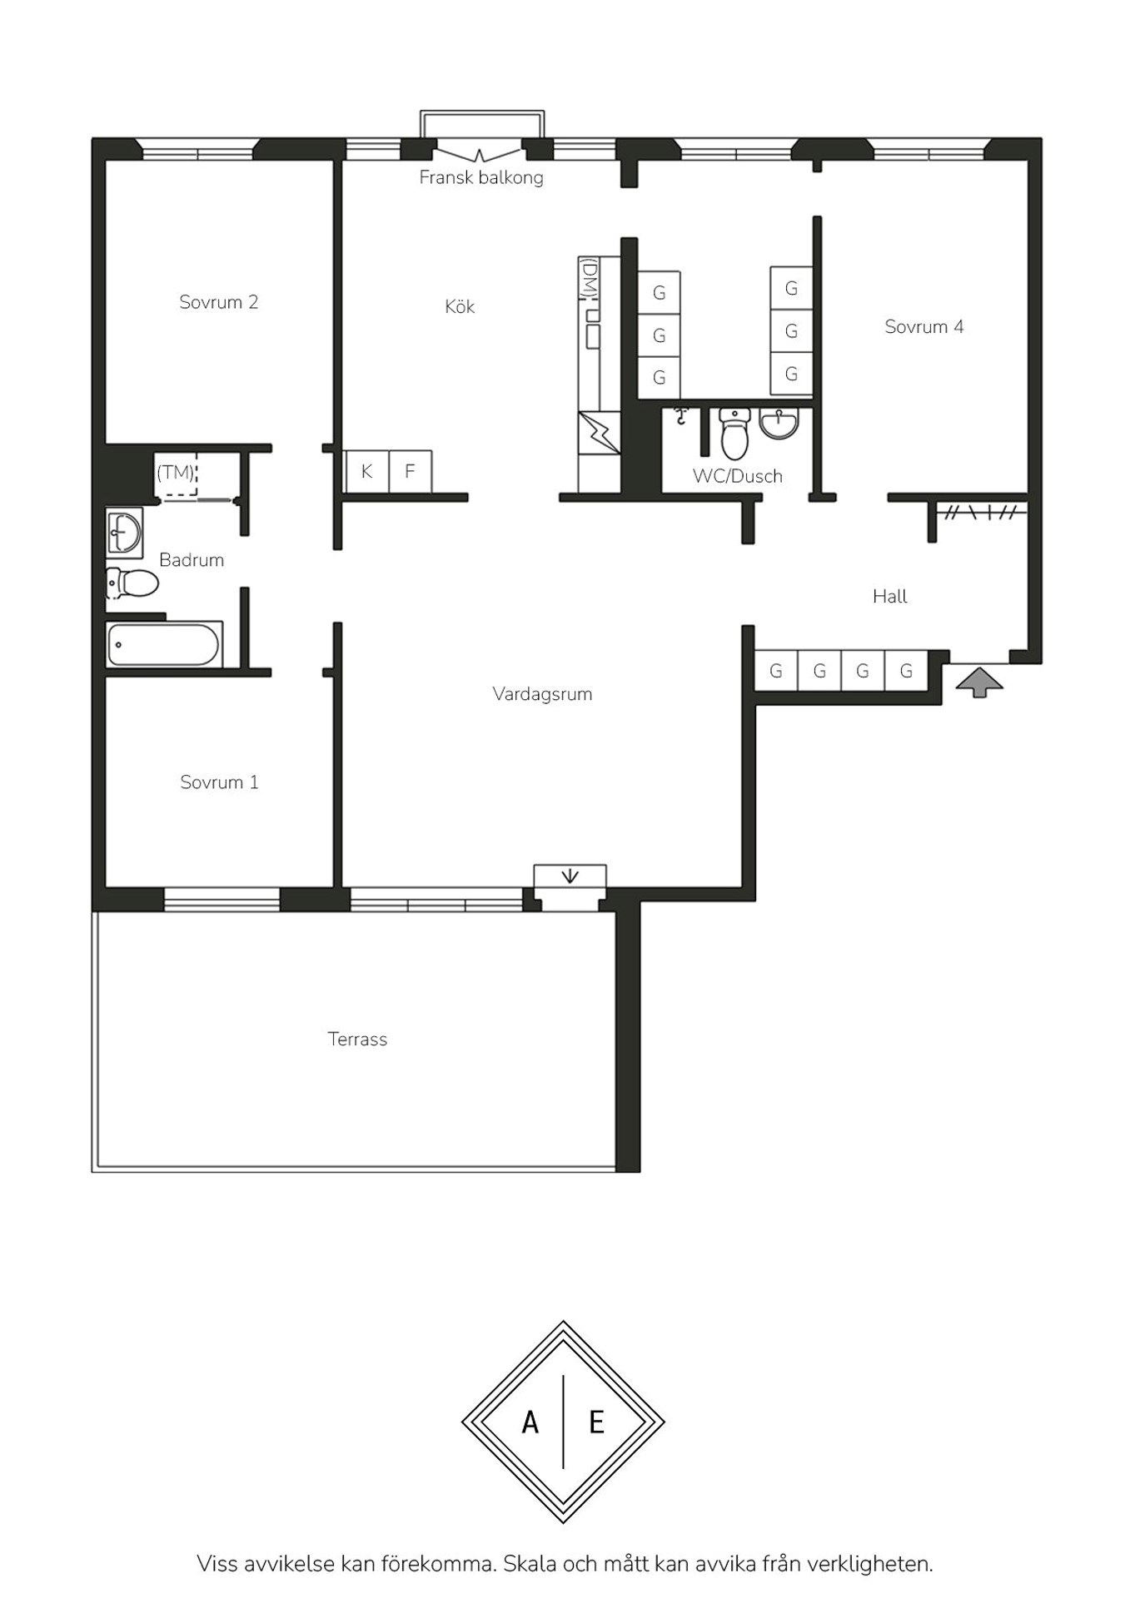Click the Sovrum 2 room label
point(219,302)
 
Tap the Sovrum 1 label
point(219,782)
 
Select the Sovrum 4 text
point(924,327)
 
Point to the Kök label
point(460,306)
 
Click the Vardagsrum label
point(542,694)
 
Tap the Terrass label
point(357,1039)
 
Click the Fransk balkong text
point(481,177)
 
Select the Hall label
point(890,596)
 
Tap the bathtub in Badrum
point(164,645)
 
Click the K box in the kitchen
point(367,471)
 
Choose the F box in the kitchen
point(411,471)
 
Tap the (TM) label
point(176,473)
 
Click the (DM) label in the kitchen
point(589,278)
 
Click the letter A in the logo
point(530,1422)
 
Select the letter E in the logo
point(596,1422)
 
